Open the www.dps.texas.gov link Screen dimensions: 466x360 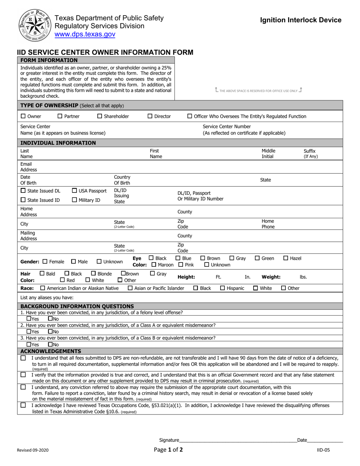point(85,34)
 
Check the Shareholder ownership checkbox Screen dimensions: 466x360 point(100,116)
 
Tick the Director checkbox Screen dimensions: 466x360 point(150,116)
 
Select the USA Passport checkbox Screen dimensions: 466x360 point(74,191)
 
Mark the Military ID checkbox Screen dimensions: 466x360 point(74,200)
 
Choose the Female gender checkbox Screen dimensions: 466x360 point(45,261)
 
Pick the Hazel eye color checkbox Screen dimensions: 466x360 point(286,258)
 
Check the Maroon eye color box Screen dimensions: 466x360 point(154,265)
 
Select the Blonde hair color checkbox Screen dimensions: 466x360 point(93,274)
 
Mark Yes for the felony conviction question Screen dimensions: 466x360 point(28,319)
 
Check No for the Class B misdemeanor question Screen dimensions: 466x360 point(50,345)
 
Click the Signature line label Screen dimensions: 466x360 point(169,440)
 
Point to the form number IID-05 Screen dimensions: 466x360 point(323,451)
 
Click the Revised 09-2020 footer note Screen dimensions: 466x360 point(33,451)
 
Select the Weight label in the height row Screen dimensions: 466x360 point(271,277)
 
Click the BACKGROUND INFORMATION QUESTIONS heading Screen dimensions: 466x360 point(77,306)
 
